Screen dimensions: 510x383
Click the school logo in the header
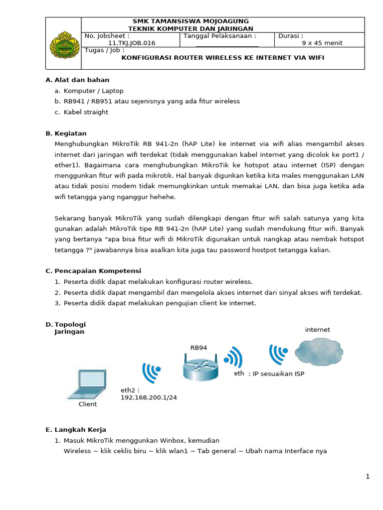pyautogui.click(x=63, y=43)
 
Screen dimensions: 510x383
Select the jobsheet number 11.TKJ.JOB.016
pyautogui.click(x=132, y=43)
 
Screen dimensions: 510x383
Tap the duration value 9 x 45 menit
pyautogui.click(x=322, y=43)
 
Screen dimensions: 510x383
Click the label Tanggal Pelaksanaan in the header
pyautogui.click(x=220, y=36)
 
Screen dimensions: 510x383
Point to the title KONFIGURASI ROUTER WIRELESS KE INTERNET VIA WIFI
pyautogui.click(x=223, y=58)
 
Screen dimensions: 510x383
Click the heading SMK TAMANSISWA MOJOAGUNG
pyautogui.click(x=191, y=21)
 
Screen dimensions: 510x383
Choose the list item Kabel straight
pyautogui.click(x=86, y=112)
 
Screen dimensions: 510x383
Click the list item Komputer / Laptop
pyautogui.click(x=93, y=91)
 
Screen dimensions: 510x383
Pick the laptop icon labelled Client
pyautogui.click(x=87, y=384)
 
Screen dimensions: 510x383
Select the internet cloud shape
pyautogui.click(x=319, y=352)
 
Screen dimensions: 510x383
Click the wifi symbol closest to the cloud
pyautogui.click(x=277, y=354)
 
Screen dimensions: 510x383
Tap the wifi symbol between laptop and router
pyautogui.click(x=151, y=372)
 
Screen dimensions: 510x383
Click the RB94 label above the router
pyautogui.click(x=198, y=348)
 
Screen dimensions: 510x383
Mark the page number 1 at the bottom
pyautogui.click(x=368, y=477)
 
